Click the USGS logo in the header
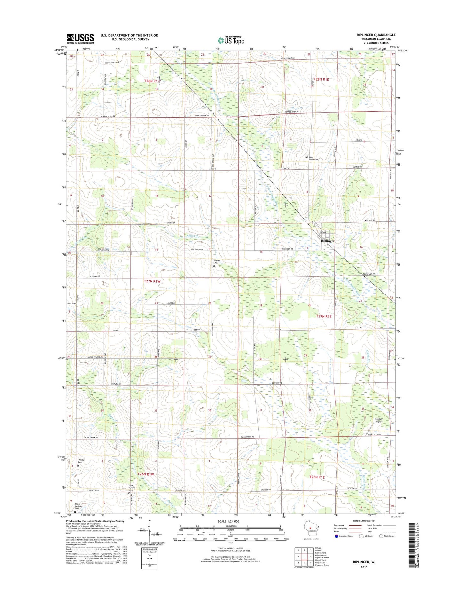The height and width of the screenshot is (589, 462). [x=80, y=39]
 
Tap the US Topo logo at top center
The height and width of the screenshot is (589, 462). [x=231, y=40]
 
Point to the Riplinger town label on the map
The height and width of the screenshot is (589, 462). [x=328, y=241]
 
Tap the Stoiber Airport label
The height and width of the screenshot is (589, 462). [x=379, y=420]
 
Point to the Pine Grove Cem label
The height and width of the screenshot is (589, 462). [x=131, y=488]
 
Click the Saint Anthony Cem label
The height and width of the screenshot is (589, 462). [x=79, y=506]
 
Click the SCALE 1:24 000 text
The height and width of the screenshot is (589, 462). [x=228, y=522]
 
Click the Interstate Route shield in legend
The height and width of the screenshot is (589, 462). [x=336, y=536]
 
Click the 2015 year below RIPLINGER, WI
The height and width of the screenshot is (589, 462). [x=364, y=567]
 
